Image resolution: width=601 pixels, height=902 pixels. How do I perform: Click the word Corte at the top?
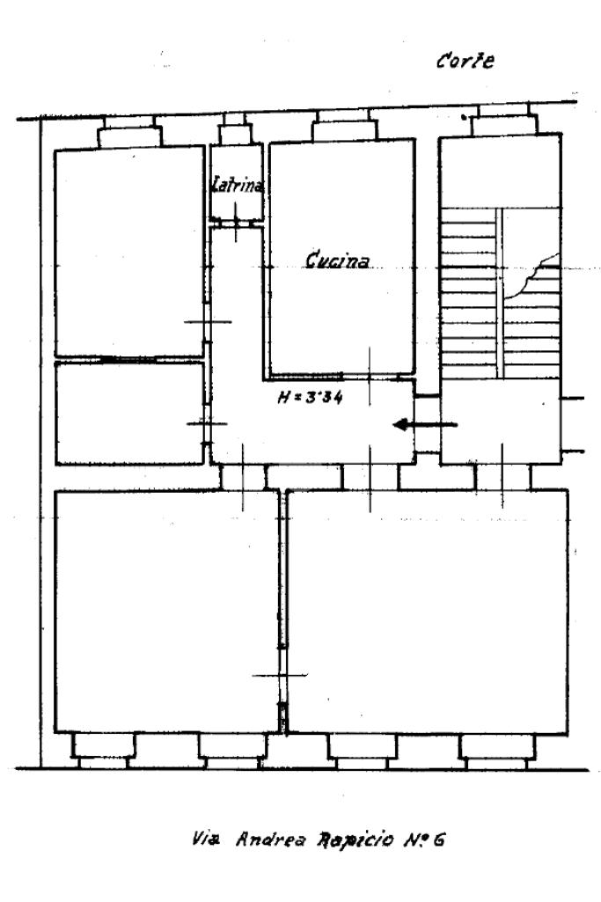[465, 62]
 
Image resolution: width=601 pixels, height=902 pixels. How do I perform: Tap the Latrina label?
[238, 186]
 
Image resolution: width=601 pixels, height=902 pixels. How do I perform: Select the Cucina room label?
[338, 260]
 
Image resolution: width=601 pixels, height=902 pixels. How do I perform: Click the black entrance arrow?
[424, 425]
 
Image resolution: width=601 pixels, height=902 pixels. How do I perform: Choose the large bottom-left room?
[165, 611]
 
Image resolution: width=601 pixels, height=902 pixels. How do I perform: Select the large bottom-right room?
[428, 611]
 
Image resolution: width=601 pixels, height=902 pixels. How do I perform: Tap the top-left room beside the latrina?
[128, 251]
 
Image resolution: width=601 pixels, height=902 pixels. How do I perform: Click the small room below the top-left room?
[128, 412]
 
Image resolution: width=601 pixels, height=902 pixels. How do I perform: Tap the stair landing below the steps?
[500, 421]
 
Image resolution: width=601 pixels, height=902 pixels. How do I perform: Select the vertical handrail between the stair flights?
[499, 290]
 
